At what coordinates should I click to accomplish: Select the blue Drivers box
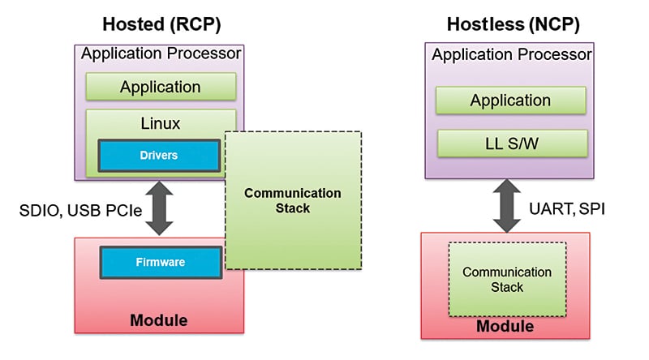(160, 155)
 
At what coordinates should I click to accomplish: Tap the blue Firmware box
(161, 263)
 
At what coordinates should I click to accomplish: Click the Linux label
(160, 123)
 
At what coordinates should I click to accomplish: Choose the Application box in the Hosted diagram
(160, 86)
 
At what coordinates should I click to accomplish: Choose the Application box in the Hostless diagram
(510, 101)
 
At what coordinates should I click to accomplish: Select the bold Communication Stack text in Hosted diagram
(293, 200)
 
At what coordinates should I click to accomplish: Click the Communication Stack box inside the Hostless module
(506, 280)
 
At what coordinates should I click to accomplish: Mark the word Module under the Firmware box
(159, 320)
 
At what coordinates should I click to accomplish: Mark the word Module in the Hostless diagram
(505, 326)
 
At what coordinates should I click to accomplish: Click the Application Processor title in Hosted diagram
(160, 55)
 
